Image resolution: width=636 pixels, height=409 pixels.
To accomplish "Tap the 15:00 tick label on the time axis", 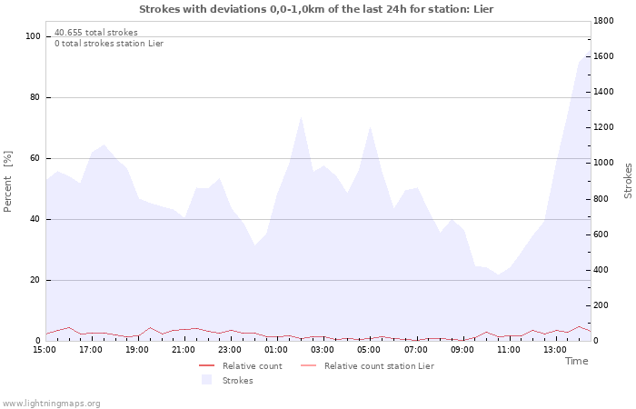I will click(45, 349).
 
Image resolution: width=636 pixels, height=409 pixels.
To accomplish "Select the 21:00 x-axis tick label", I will click(184, 349).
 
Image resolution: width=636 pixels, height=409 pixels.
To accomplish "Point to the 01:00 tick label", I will click(277, 349).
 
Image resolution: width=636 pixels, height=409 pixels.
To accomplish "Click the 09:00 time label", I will click(463, 349).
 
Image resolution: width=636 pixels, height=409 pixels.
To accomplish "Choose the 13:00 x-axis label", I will click(556, 349).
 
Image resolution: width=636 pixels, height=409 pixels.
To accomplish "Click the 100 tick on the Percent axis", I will click(34, 36).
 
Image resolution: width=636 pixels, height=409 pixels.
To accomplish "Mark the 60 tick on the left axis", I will click(35, 158).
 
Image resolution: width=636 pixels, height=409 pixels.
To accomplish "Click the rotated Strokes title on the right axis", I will click(628, 180).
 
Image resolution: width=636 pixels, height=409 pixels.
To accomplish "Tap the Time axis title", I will click(576, 361).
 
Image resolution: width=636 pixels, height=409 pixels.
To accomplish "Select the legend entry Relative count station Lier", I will click(378, 366).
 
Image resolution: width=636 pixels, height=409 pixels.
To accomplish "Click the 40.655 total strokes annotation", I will click(96, 33).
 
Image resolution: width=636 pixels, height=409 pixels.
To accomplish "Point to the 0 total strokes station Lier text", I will click(109, 44).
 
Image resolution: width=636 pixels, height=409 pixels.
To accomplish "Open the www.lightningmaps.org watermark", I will click(51, 404).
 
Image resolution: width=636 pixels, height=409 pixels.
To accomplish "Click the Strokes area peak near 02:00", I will click(301, 117).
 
